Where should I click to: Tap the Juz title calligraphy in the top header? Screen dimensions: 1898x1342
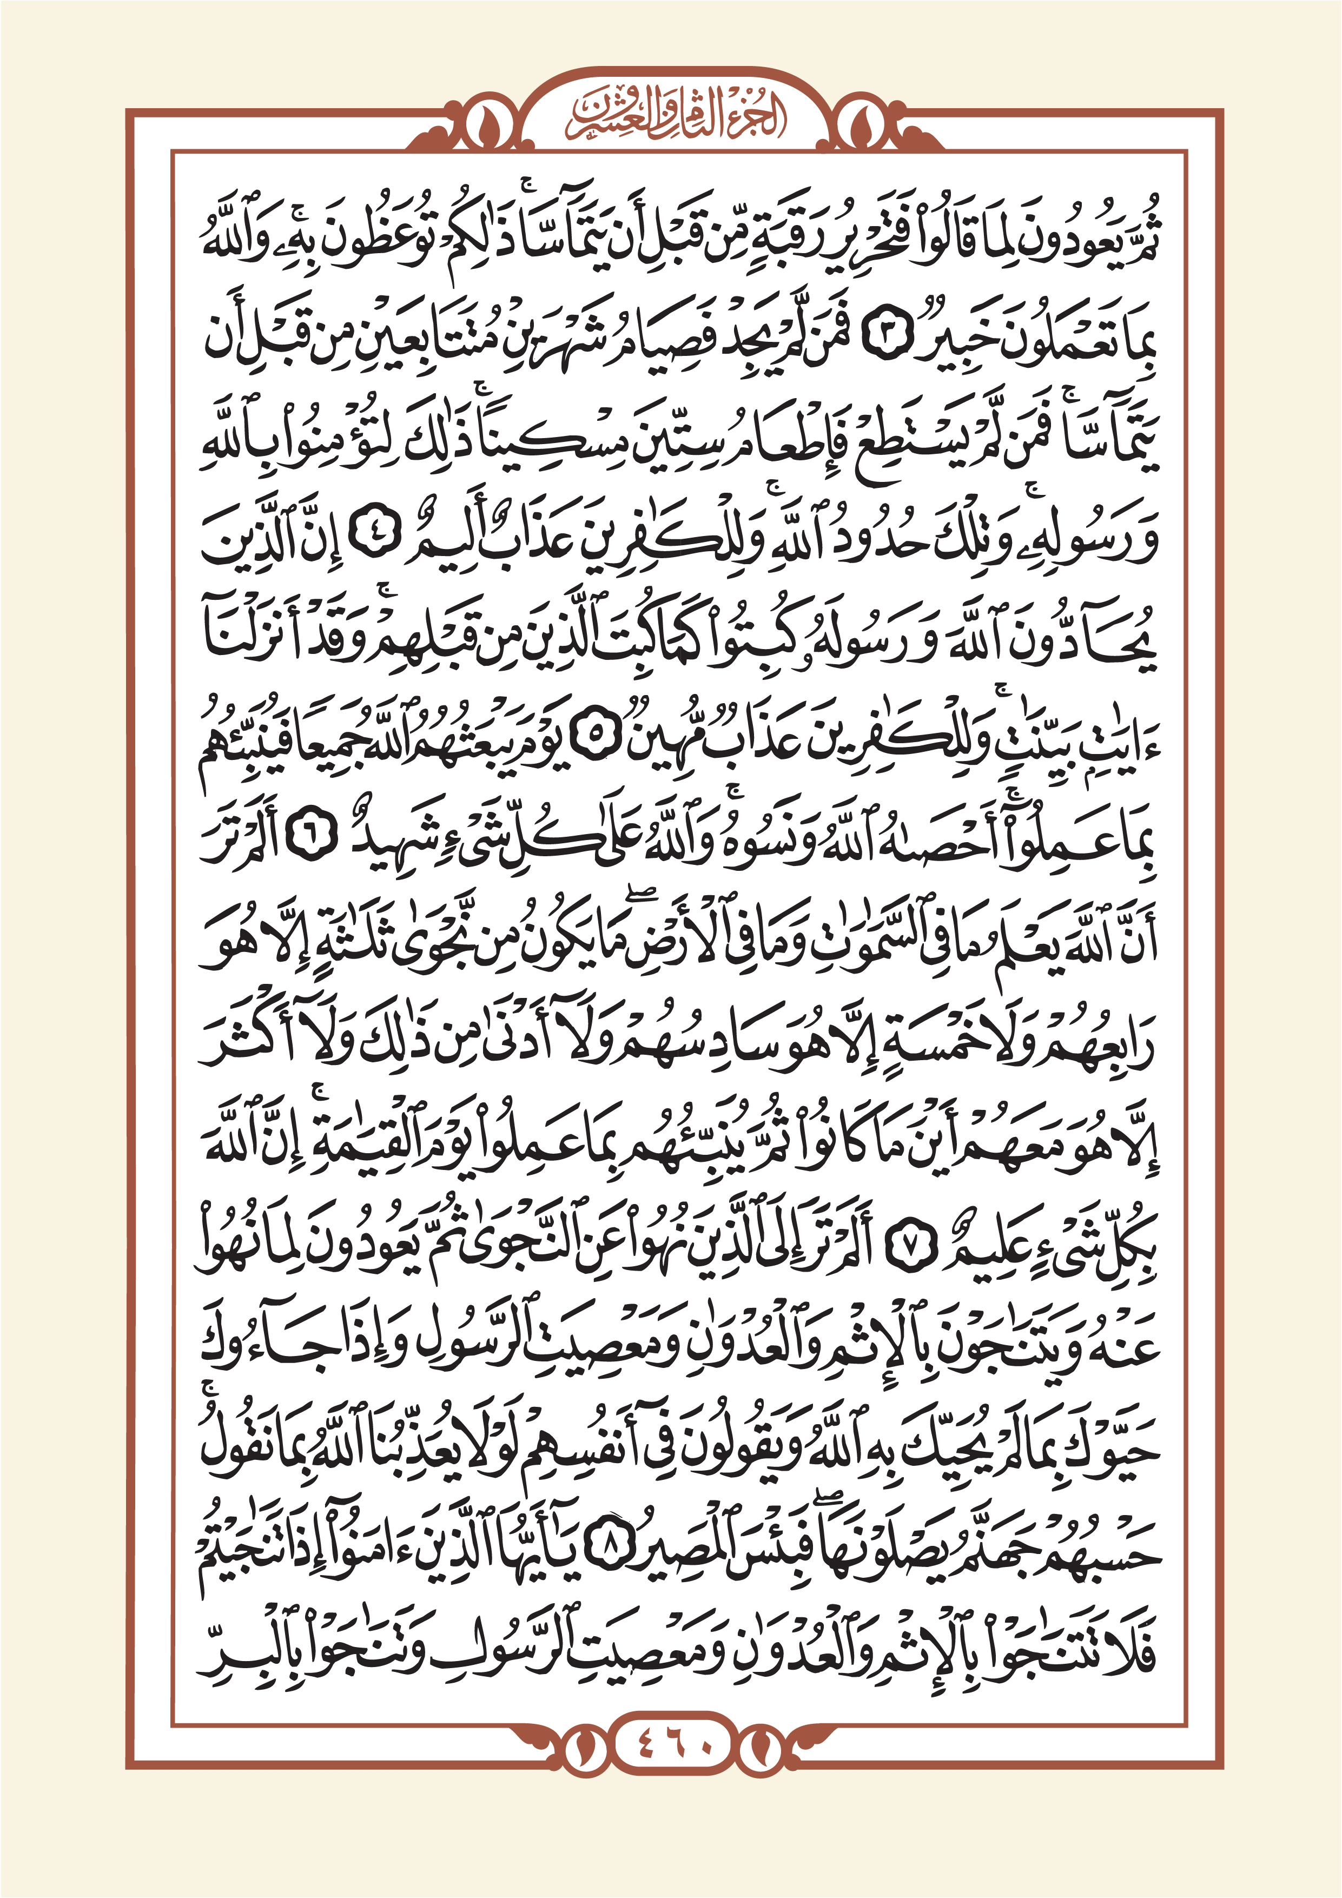(671, 120)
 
